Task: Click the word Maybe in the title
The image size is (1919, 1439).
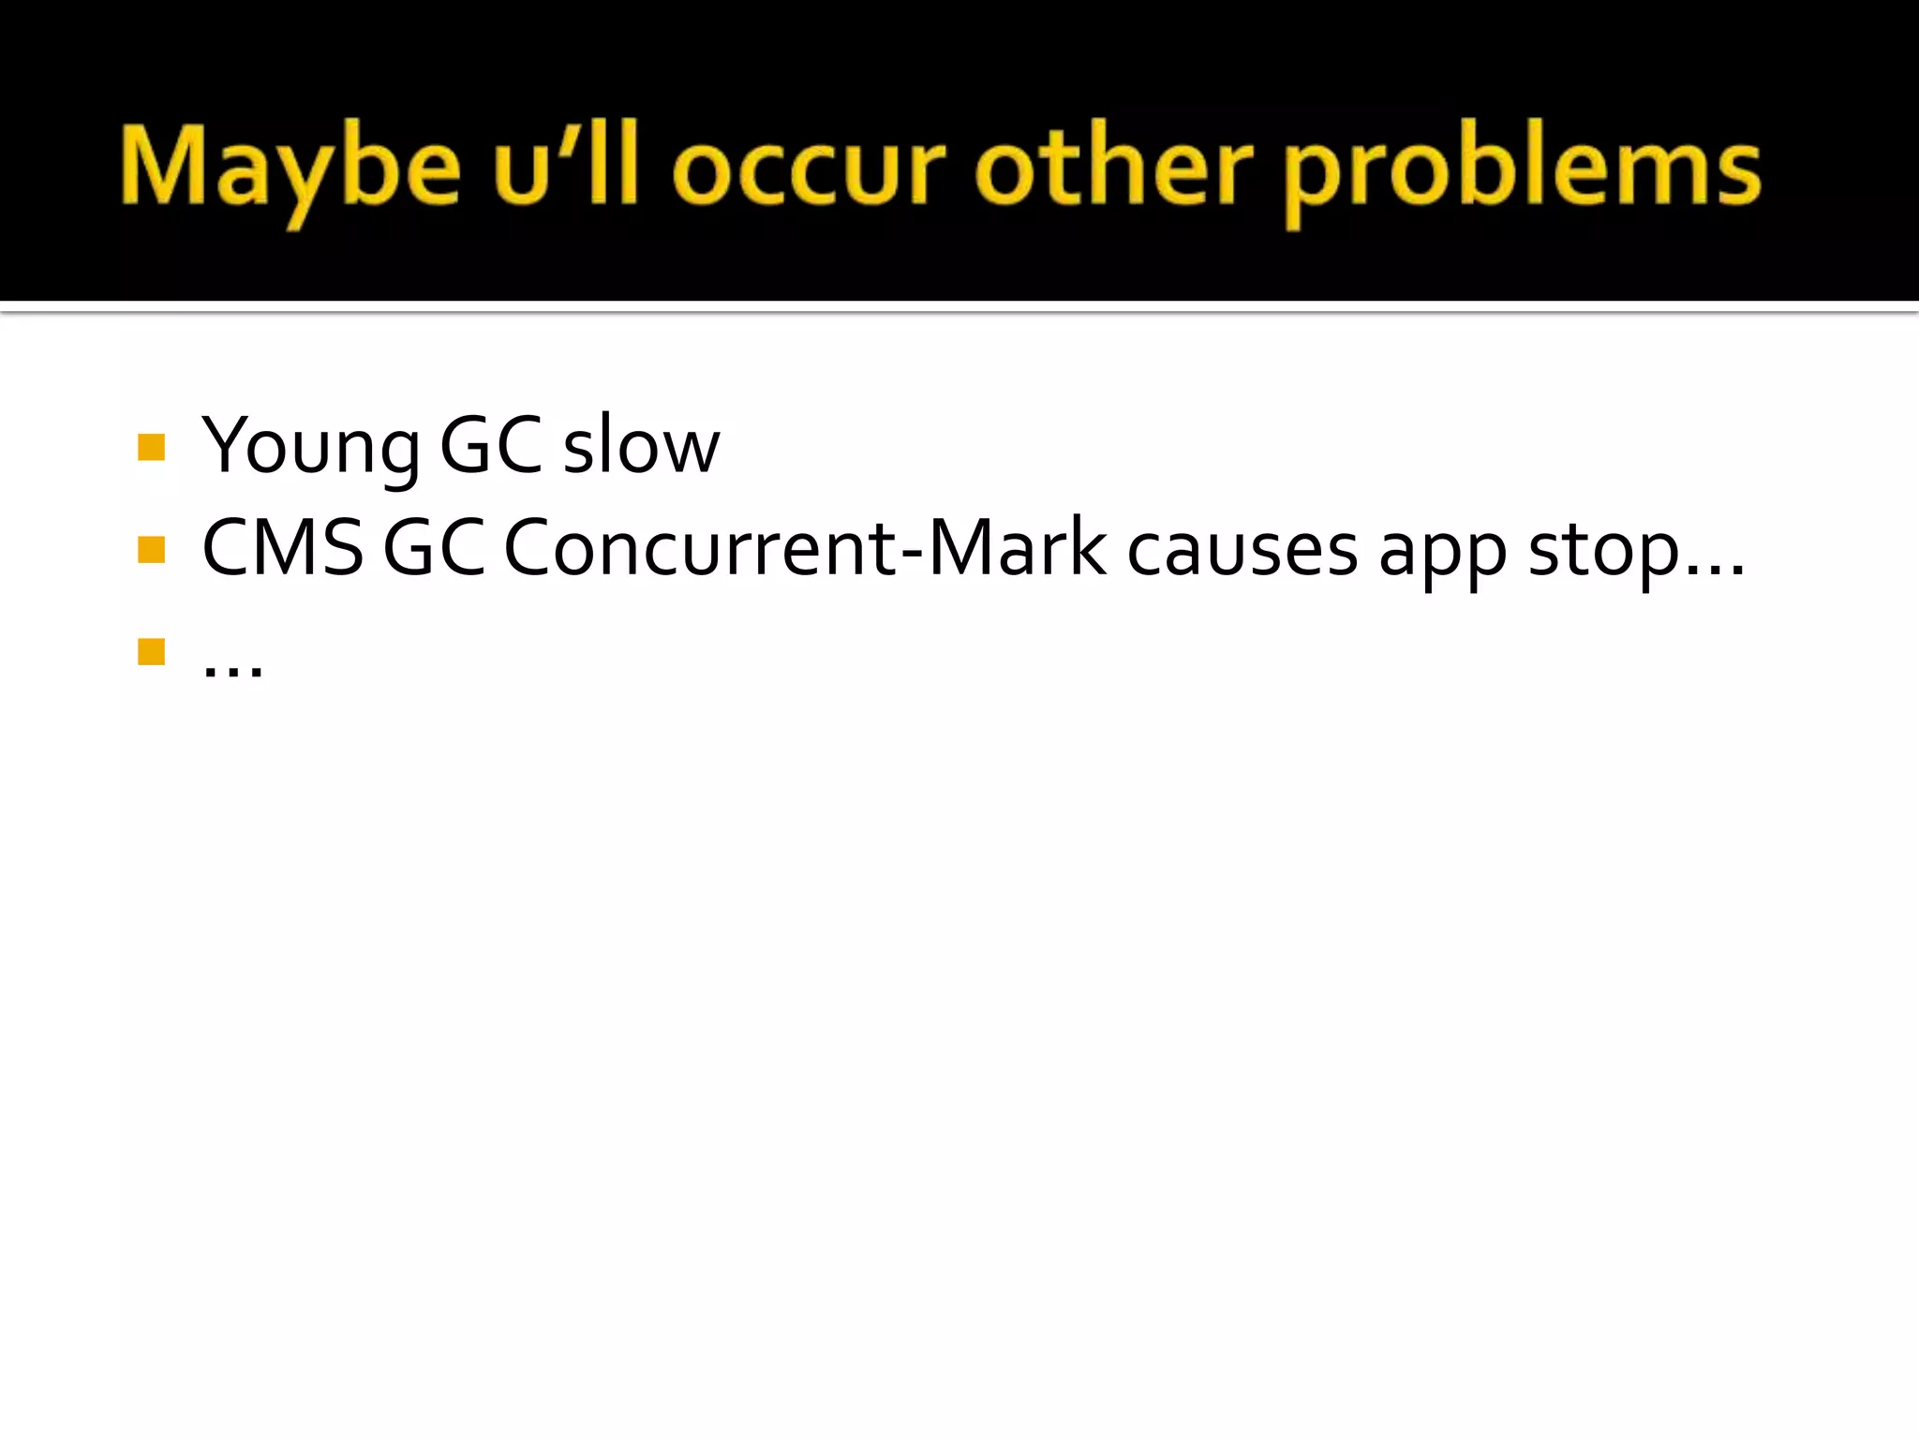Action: pyautogui.click(x=290, y=169)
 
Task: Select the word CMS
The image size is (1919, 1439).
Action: pyautogui.click(x=282, y=548)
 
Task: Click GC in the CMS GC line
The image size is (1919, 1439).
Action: pyautogui.click(x=434, y=548)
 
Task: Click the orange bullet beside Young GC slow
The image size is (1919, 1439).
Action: pyautogui.click(x=151, y=447)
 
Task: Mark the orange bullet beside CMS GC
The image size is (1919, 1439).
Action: pyautogui.click(x=151, y=549)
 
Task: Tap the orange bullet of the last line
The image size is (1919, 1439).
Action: pyautogui.click(x=151, y=651)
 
